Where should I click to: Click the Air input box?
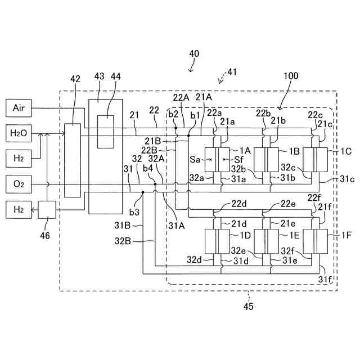click(x=19, y=108)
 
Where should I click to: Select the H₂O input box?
click(x=19, y=133)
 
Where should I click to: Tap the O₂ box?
click(x=19, y=184)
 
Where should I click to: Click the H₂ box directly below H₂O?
click(x=19, y=159)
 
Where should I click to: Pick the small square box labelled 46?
click(x=47, y=210)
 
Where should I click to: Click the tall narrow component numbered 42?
click(x=73, y=160)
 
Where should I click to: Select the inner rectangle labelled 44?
click(x=106, y=132)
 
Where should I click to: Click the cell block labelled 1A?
click(x=217, y=160)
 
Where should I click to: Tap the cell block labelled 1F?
click(x=315, y=241)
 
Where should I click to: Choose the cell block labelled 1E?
click(x=266, y=241)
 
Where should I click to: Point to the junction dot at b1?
click(x=188, y=136)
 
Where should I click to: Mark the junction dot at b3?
click(x=143, y=192)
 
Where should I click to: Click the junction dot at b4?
click(x=155, y=184)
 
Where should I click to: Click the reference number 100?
click(x=291, y=76)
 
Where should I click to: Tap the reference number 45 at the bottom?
click(x=249, y=306)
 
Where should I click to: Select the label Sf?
click(x=238, y=160)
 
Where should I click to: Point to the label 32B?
click(x=123, y=241)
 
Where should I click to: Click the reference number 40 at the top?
click(x=194, y=53)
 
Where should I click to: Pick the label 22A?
click(x=181, y=97)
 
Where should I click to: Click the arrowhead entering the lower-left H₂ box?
click(x=33, y=210)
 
